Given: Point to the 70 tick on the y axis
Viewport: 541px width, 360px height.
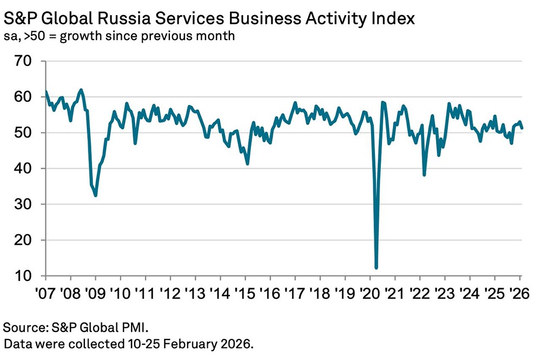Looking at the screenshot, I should (x=25, y=61).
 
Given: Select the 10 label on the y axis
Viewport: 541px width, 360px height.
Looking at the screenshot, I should (x=25, y=276).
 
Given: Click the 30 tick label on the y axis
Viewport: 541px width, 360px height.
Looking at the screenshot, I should (x=25, y=204).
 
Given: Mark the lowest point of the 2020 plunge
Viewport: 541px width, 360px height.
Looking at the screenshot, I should (x=376, y=268).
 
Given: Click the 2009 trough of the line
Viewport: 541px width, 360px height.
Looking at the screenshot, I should (x=96, y=195).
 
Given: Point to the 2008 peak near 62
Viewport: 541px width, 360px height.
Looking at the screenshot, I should (x=81, y=90).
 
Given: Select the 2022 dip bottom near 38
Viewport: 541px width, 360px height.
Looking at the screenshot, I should (x=424, y=175).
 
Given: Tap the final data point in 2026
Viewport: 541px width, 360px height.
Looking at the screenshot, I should (x=522, y=128).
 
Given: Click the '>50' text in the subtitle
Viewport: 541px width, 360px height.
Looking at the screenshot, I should (x=31, y=37).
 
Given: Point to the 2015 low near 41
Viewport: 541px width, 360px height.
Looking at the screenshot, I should (x=247, y=164).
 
